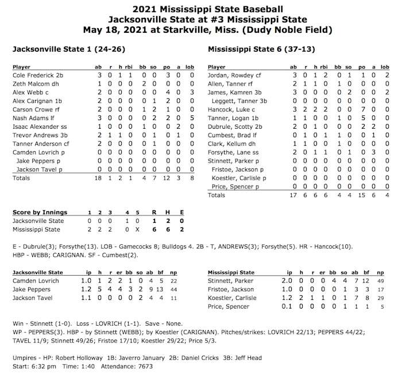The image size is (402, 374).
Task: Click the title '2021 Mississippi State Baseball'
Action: tap(200, 9)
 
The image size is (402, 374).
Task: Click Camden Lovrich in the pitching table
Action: tap(36, 280)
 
